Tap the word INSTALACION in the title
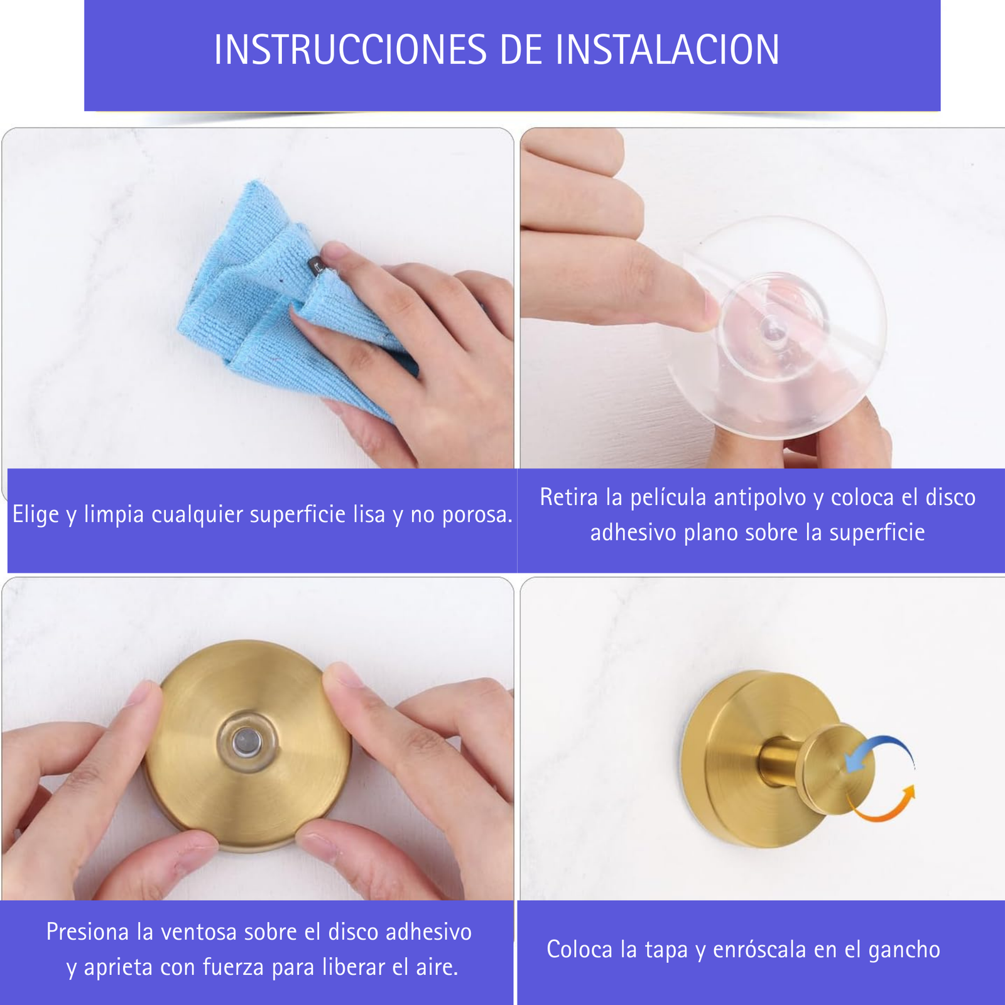667,50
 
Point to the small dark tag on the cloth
316,267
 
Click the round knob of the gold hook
838,770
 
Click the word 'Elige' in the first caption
36,515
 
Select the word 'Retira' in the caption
569,497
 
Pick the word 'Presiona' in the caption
87,932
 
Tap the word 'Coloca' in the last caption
580,949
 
